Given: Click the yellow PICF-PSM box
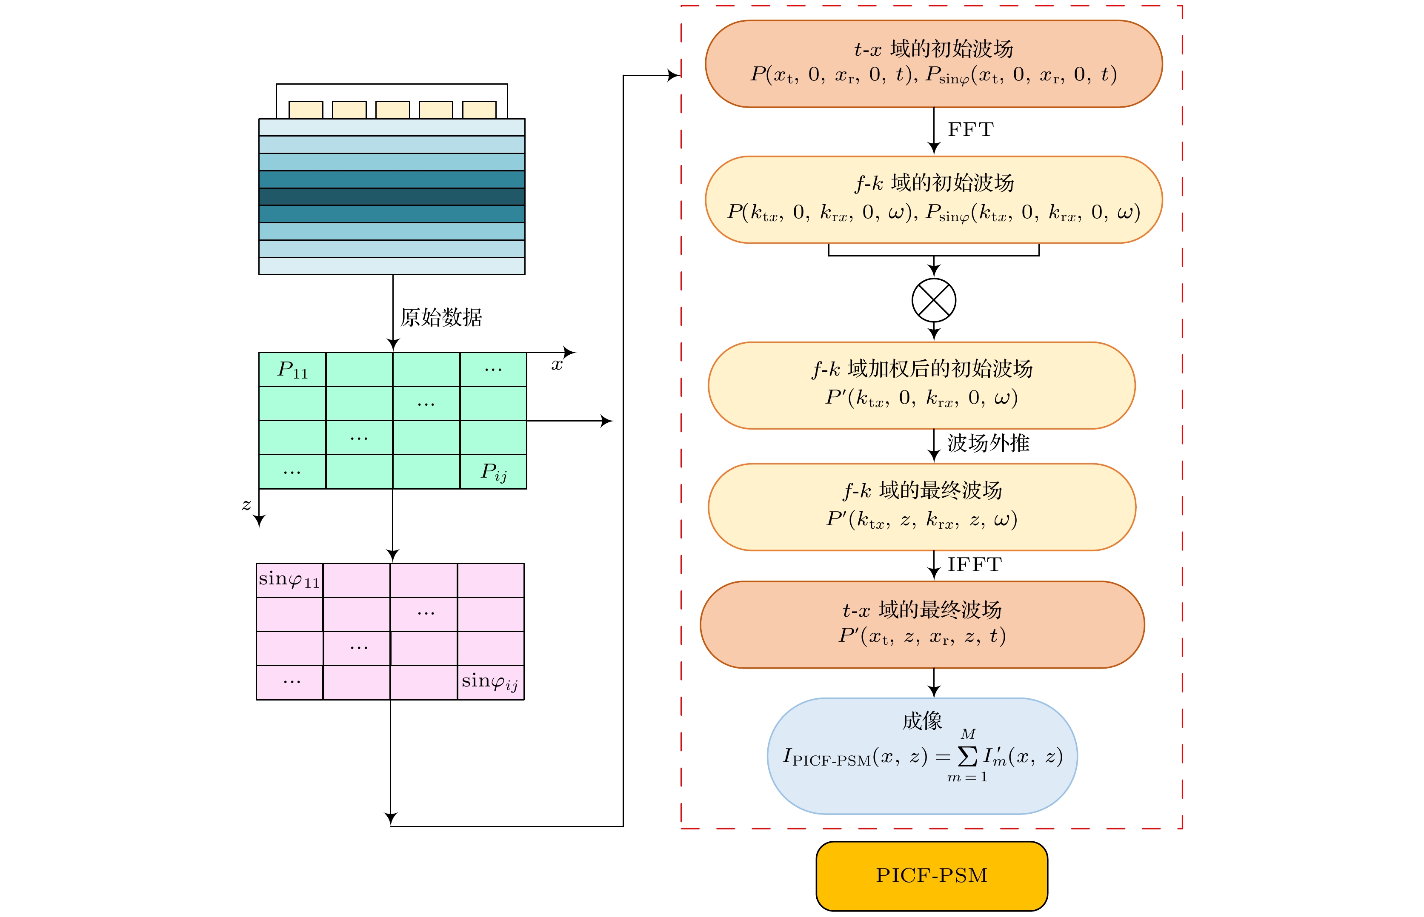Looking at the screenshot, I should click(x=931, y=875).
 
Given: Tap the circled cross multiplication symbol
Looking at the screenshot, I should click(x=934, y=301).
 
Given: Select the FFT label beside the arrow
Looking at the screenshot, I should click(x=971, y=130).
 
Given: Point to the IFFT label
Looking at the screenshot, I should click(x=975, y=564).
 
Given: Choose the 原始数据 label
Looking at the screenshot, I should click(x=441, y=317).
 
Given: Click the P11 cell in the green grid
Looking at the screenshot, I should click(x=292, y=370).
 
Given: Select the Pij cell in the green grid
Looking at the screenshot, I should click(x=493, y=472).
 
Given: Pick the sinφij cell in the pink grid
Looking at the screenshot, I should click(x=490, y=682).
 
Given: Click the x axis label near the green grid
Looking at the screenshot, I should click(x=557, y=365).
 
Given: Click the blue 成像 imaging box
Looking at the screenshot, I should click(x=922, y=756).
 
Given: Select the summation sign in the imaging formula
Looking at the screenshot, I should click(x=967, y=756).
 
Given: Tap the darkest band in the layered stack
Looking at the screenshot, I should click(x=392, y=197).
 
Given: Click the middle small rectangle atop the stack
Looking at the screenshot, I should click(x=392, y=110).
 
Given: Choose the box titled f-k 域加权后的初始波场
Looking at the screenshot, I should click(x=922, y=385).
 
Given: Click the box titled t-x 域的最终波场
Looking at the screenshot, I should click(x=922, y=624).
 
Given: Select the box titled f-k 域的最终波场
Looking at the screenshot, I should click(x=922, y=507).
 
